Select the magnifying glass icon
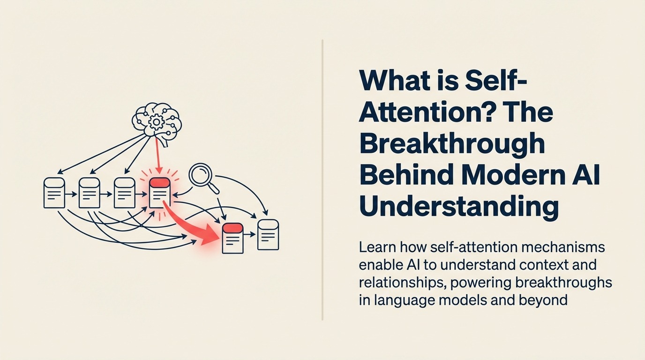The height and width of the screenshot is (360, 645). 202,176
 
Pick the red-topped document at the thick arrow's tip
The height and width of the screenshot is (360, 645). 232,238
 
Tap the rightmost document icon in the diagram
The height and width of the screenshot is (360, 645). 268,234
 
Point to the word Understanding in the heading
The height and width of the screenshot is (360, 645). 459,206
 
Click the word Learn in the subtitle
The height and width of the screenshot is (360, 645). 378,247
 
